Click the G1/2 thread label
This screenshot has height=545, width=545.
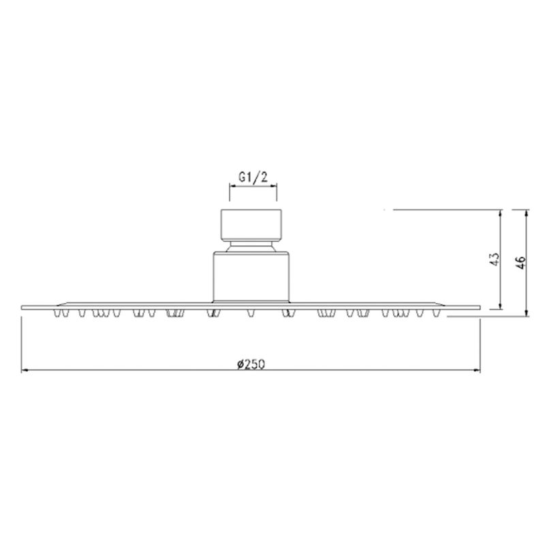(x=253, y=178)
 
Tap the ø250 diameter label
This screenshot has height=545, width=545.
(x=251, y=364)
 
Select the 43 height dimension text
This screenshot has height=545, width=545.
(x=495, y=260)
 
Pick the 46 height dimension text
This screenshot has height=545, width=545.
(x=520, y=262)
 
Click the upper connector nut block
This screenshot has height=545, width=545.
(x=251, y=225)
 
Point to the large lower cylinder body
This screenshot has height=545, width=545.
(x=251, y=277)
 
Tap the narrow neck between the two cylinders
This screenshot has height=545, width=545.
(x=251, y=246)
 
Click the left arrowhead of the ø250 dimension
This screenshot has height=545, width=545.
(x=25, y=371)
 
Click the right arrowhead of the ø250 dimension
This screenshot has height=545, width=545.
(x=477, y=371)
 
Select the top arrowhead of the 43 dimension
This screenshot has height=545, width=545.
(x=501, y=213)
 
